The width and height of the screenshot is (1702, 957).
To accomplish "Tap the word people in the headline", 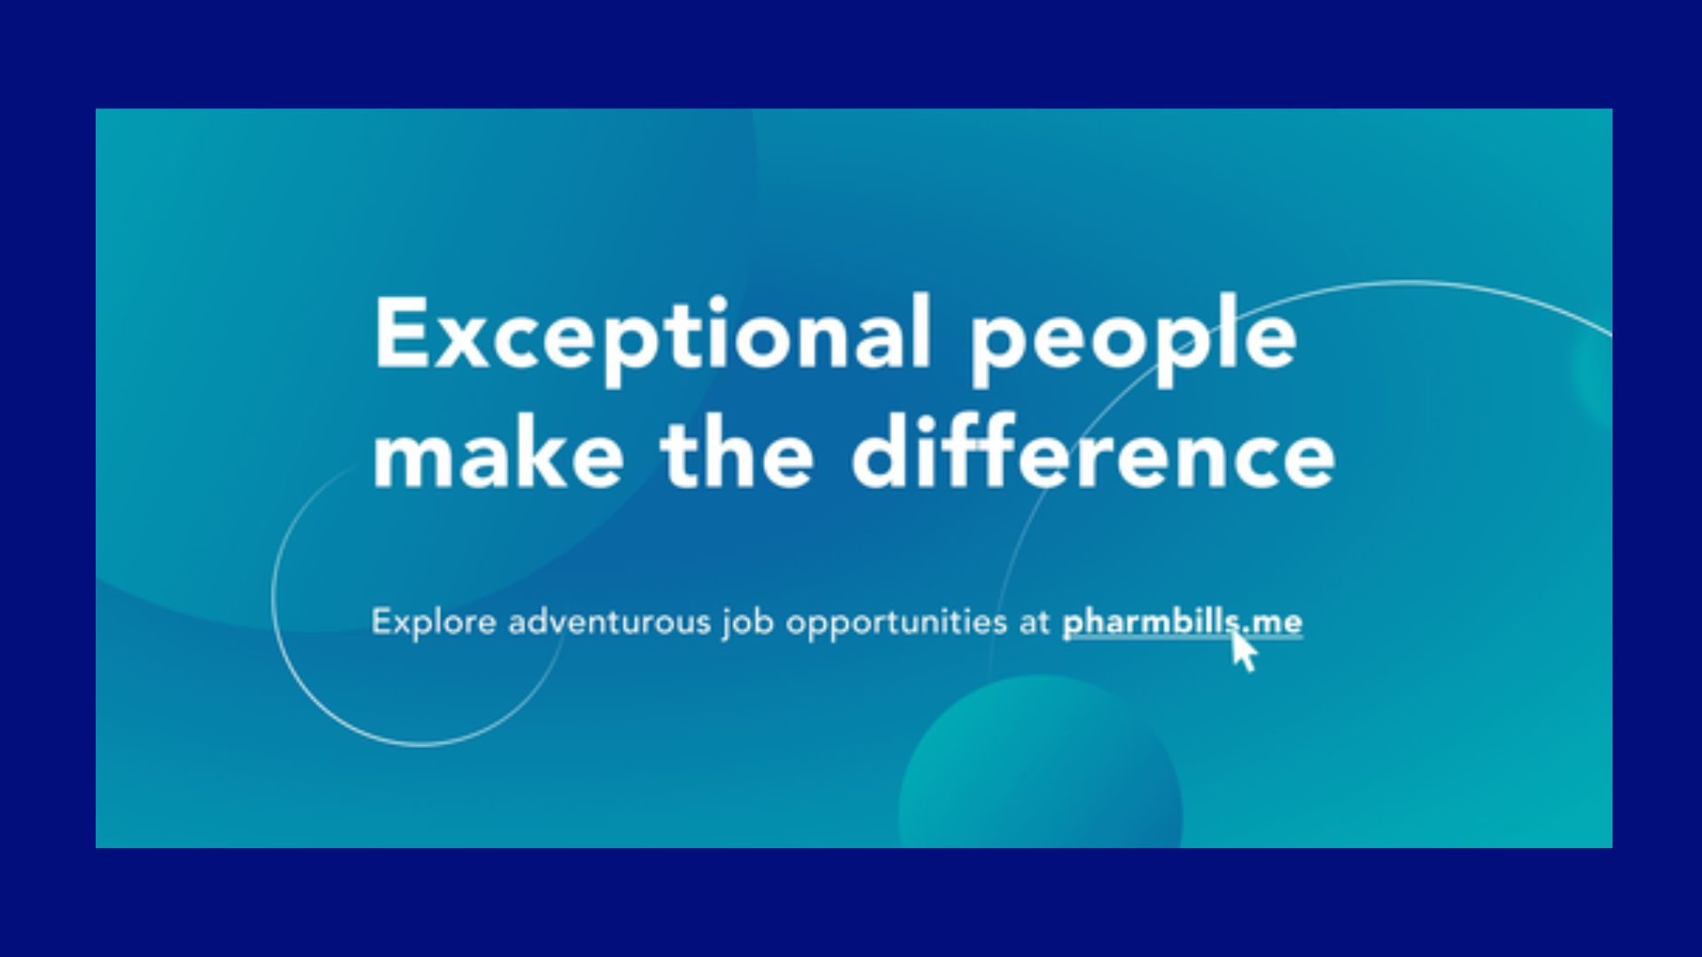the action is (1133, 340).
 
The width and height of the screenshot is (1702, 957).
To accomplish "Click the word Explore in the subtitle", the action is (433, 622).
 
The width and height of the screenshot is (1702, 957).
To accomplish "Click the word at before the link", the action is (1034, 622).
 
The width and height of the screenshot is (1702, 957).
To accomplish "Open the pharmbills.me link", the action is (1183, 622).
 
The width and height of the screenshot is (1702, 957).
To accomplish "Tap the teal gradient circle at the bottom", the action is (1040, 762).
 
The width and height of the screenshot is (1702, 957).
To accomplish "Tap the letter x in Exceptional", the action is (462, 341).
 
